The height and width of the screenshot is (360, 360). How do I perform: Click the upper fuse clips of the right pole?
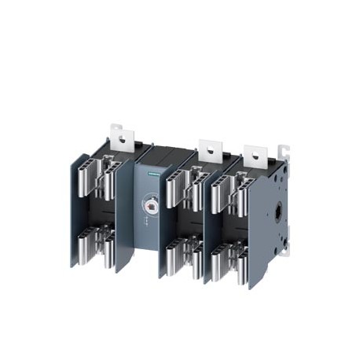[x=229, y=189]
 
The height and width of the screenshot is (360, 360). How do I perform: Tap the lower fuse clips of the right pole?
[x=229, y=256]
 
